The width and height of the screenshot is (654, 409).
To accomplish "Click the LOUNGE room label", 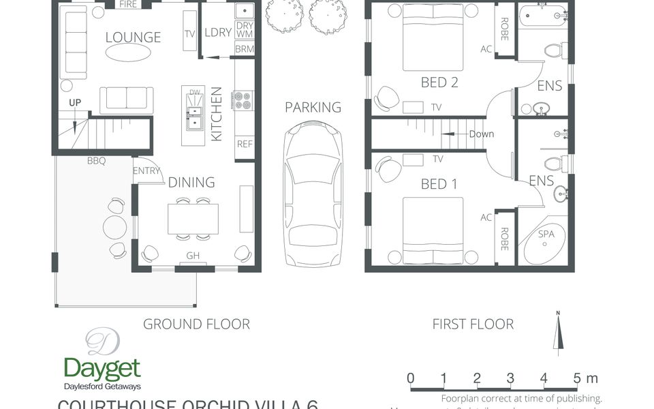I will pyautogui.click(x=133, y=37).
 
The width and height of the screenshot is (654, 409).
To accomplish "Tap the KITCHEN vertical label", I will pyautogui.click(x=217, y=114).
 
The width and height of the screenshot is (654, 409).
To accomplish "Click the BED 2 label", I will pyautogui.click(x=439, y=82).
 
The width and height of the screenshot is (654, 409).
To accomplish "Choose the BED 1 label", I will pyautogui.click(x=439, y=184).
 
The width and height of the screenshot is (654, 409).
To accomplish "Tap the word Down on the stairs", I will pyautogui.click(x=481, y=134).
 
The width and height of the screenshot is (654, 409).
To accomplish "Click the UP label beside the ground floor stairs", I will pyautogui.click(x=75, y=103).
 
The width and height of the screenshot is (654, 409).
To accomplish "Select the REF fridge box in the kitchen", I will pyautogui.click(x=245, y=144).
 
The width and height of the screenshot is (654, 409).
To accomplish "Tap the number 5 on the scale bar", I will pyautogui.click(x=577, y=378).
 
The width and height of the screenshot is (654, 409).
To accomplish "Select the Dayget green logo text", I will pyautogui.click(x=102, y=369).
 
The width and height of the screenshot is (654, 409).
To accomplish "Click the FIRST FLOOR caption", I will pyautogui.click(x=473, y=324).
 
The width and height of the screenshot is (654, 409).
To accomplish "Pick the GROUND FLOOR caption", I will pyautogui.click(x=196, y=324).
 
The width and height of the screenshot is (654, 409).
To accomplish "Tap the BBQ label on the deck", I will pyautogui.click(x=96, y=162).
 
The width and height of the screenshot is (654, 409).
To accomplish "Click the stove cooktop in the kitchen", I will pyautogui.click(x=244, y=100).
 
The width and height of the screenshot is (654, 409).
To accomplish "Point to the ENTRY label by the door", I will pyautogui.click(x=146, y=171).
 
